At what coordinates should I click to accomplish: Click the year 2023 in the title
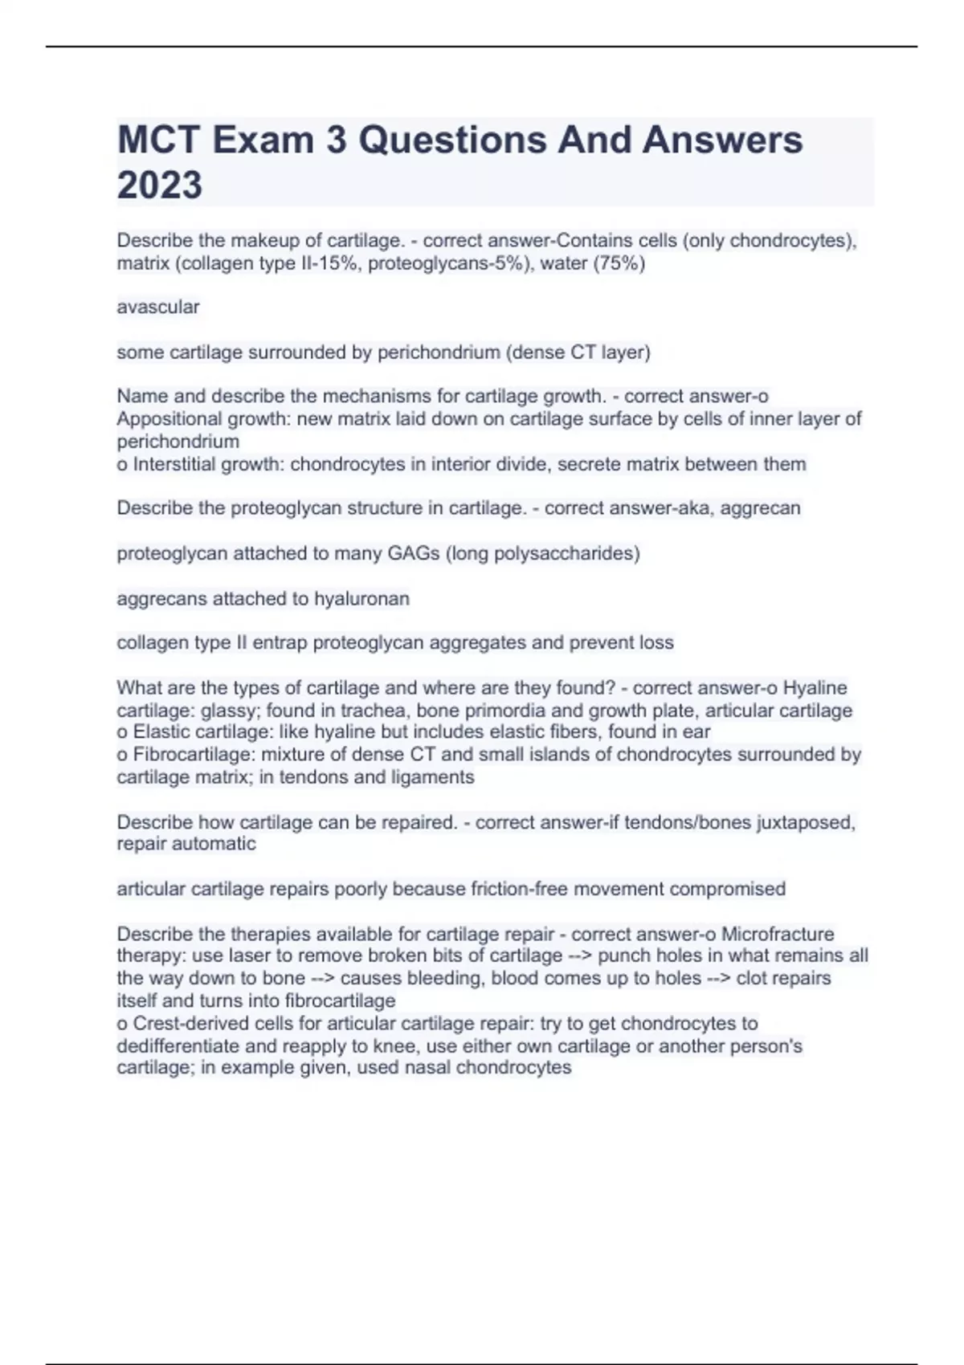[160, 185]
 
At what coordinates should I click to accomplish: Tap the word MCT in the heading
[158, 140]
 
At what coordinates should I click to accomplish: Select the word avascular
[158, 307]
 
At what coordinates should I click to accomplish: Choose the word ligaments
[433, 777]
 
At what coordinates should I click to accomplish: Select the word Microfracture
[778, 934]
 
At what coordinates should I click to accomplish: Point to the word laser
[252, 955]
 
